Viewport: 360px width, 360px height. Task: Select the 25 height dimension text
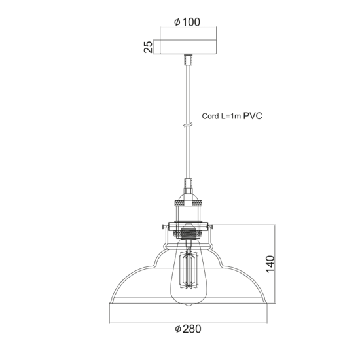pyautogui.click(x=148, y=46)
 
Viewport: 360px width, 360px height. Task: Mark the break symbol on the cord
pyautogui.click(x=187, y=122)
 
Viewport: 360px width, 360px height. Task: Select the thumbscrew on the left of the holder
pyautogui.click(x=163, y=228)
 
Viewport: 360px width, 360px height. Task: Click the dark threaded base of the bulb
pyautogui.click(x=187, y=231)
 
